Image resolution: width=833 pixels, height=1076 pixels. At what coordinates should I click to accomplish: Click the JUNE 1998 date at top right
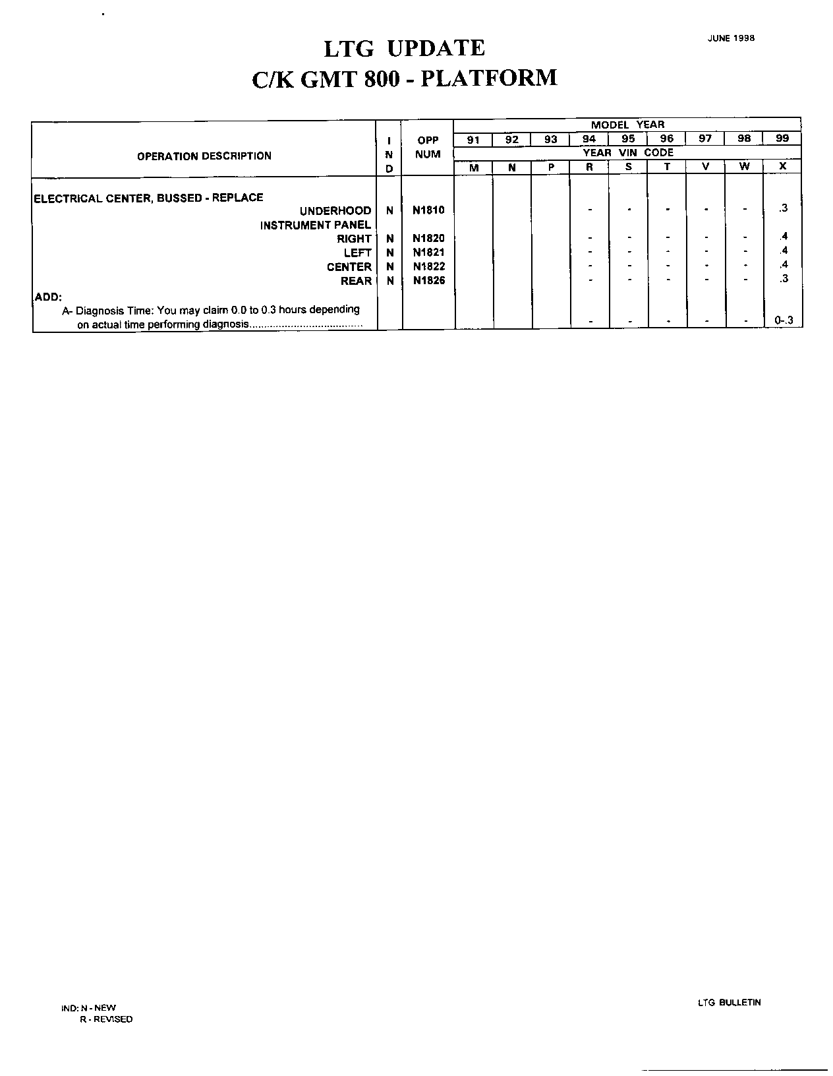tap(731, 38)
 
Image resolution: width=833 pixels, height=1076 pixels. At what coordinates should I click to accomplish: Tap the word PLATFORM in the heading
tap(489, 78)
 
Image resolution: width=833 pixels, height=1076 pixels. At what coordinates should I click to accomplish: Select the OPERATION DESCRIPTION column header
tap(204, 156)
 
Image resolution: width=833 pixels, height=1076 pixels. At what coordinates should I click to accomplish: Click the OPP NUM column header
tap(428, 147)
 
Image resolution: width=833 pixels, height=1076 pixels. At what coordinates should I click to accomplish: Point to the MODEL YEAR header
tap(627, 125)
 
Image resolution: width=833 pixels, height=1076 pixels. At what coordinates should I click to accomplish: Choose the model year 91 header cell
tap(473, 139)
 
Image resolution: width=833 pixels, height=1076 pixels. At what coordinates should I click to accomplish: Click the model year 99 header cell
tap(782, 139)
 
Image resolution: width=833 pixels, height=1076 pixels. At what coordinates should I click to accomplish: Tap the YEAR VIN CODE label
tap(627, 153)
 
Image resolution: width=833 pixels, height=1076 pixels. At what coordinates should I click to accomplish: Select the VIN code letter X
tap(782, 167)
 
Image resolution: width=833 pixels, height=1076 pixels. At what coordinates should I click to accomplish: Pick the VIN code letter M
tap(473, 167)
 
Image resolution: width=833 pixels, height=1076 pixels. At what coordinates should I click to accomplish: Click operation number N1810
tap(428, 210)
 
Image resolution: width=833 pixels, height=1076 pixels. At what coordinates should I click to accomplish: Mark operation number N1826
tap(428, 281)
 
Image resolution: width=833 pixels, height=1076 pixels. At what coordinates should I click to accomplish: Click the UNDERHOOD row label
tap(335, 211)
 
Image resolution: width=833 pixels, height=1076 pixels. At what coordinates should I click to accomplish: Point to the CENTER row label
tap(349, 267)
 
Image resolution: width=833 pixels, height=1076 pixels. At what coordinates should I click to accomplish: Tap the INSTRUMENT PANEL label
tap(316, 225)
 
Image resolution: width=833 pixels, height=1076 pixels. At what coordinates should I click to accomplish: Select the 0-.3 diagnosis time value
tap(784, 321)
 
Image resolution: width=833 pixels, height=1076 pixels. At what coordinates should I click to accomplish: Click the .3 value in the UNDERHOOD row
tap(783, 208)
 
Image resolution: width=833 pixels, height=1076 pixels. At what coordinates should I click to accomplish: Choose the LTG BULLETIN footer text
tap(729, 1003)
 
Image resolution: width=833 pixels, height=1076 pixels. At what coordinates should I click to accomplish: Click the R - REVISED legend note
tap(106, 1019)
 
